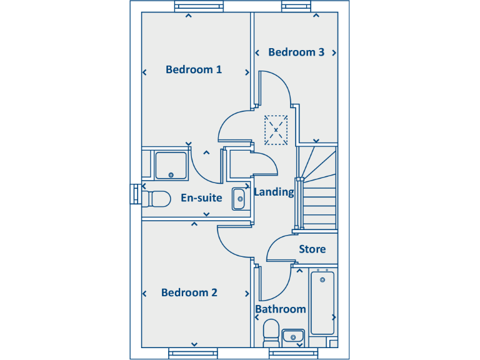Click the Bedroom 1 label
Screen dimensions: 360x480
[194, 69]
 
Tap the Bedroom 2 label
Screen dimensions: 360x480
[189, 292]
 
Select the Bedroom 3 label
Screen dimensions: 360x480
[296, 52]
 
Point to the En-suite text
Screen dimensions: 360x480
[201, 198]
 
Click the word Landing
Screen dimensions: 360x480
[274, 192]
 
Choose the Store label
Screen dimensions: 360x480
[312, 249]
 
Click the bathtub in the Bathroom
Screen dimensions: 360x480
[322, 302]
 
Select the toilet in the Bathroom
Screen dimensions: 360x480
[271, 332]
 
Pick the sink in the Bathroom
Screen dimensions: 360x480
[292, 337]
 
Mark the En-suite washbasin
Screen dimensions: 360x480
[239, 199]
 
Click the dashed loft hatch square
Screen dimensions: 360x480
[276, 130]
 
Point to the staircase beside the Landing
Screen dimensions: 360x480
[317, 187]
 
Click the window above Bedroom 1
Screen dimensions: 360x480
[199, 7]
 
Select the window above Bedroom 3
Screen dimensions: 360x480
[297, 7]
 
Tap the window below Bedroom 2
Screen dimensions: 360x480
[194, 354]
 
